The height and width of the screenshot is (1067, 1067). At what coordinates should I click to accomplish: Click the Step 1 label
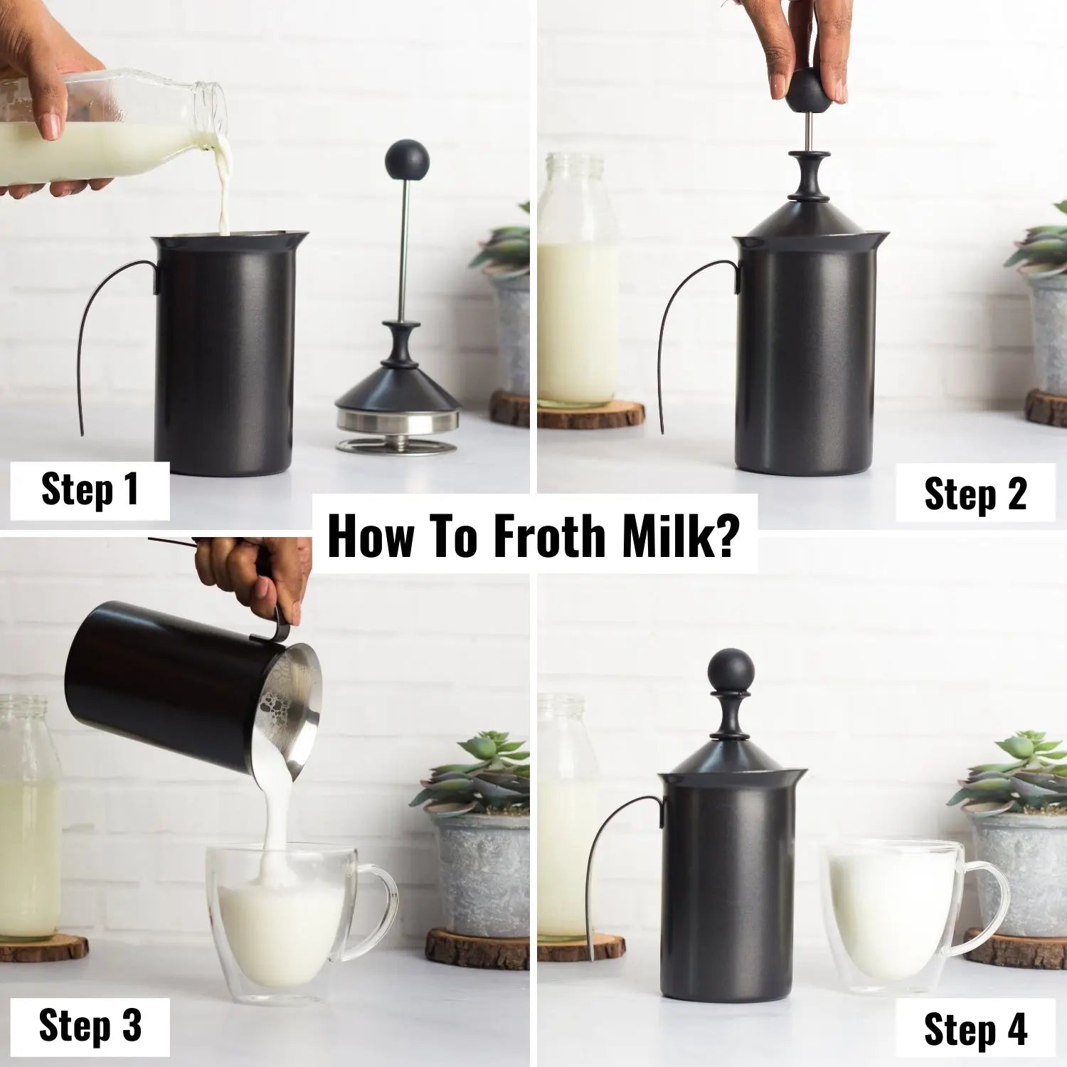(90, 490)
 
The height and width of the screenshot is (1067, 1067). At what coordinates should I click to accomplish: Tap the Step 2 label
(975, 493)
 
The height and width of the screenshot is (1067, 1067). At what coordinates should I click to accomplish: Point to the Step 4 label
(975, 1029)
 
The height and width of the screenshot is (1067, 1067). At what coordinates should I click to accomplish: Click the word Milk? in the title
(679, 536)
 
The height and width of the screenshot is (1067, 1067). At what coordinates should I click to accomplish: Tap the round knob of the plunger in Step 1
(407, 161)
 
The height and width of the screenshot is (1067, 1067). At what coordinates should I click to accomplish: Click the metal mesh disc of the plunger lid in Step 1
(397, 445)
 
